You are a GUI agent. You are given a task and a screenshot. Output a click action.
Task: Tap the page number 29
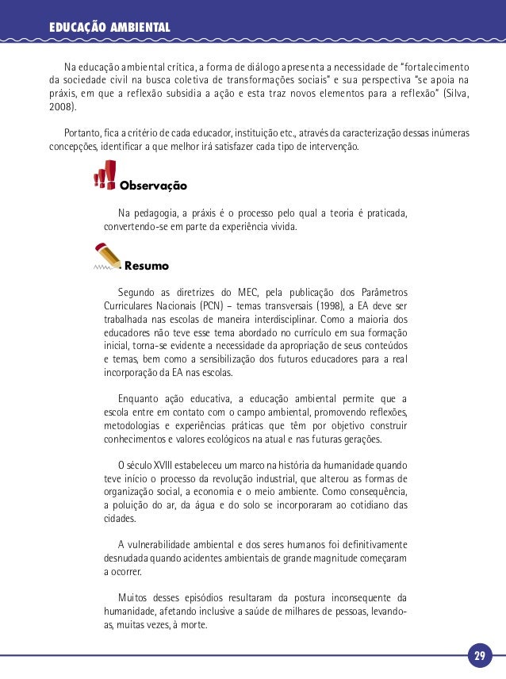(x=479, y=657)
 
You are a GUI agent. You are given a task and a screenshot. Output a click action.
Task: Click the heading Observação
(x=153, y=186)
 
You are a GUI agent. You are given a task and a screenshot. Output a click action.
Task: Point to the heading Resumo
(x=147, y=265)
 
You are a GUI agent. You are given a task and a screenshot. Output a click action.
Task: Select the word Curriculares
(x=131, y=305)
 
